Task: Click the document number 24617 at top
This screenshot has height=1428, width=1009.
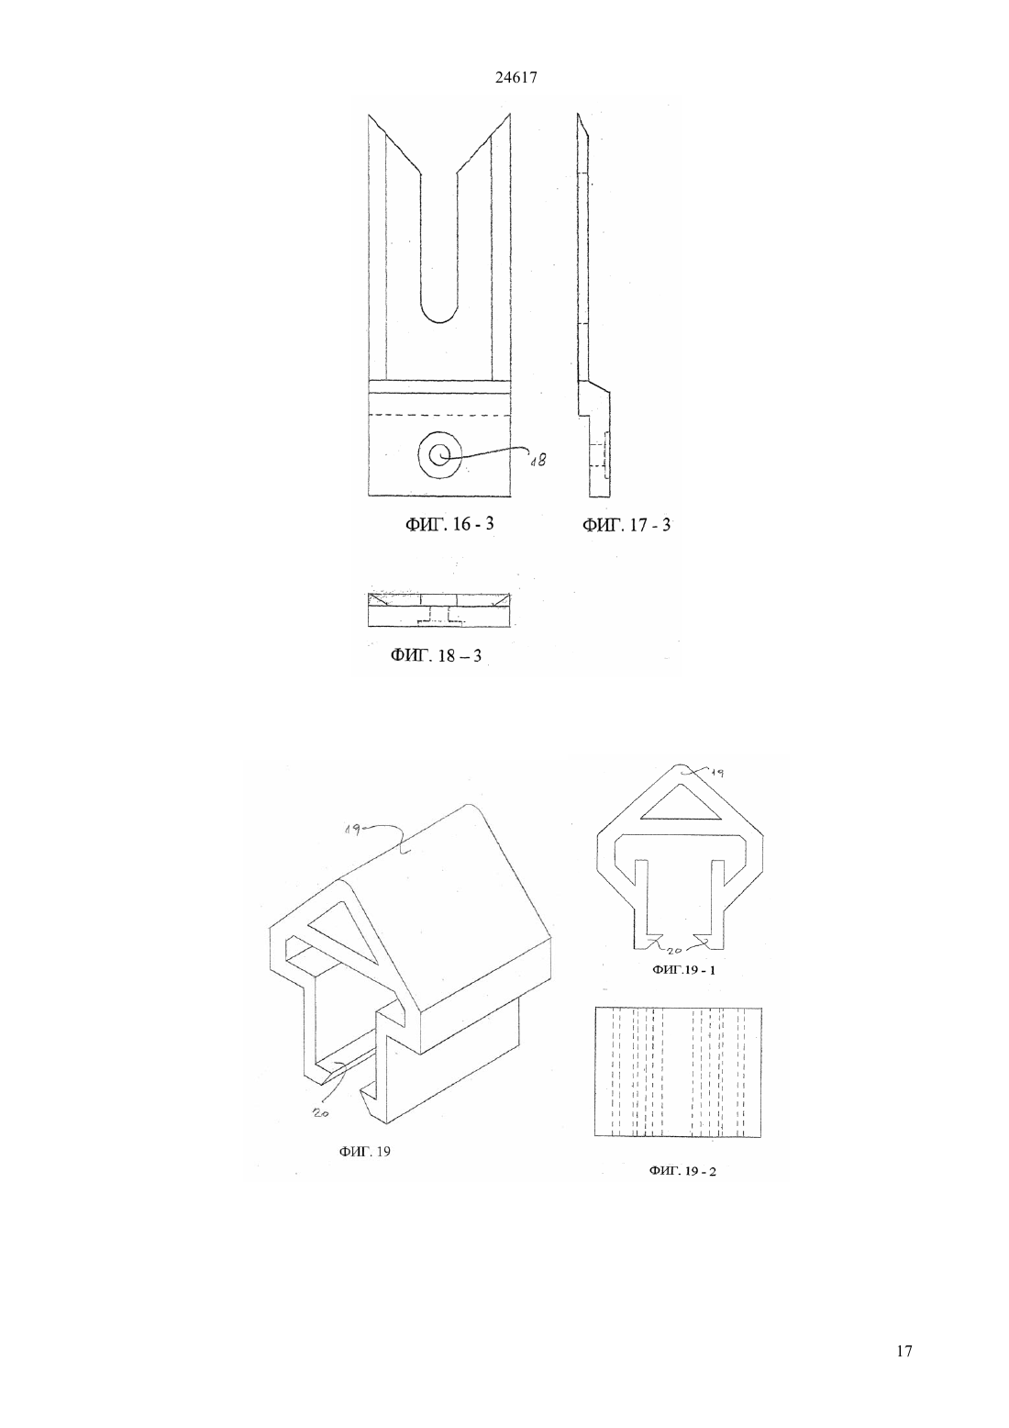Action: coord(516,78)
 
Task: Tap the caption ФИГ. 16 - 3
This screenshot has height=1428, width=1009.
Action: coord(449,524)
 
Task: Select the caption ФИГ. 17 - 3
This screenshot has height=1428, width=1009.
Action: coord(626,525)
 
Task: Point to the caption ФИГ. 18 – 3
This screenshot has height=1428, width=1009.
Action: coord(437,655)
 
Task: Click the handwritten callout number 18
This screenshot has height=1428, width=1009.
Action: coord(538,459)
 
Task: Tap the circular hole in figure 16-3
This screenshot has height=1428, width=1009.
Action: coord(439,455)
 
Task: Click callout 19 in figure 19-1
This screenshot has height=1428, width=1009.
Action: coord(717,774)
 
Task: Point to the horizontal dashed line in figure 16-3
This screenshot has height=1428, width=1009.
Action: coord(439,415)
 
